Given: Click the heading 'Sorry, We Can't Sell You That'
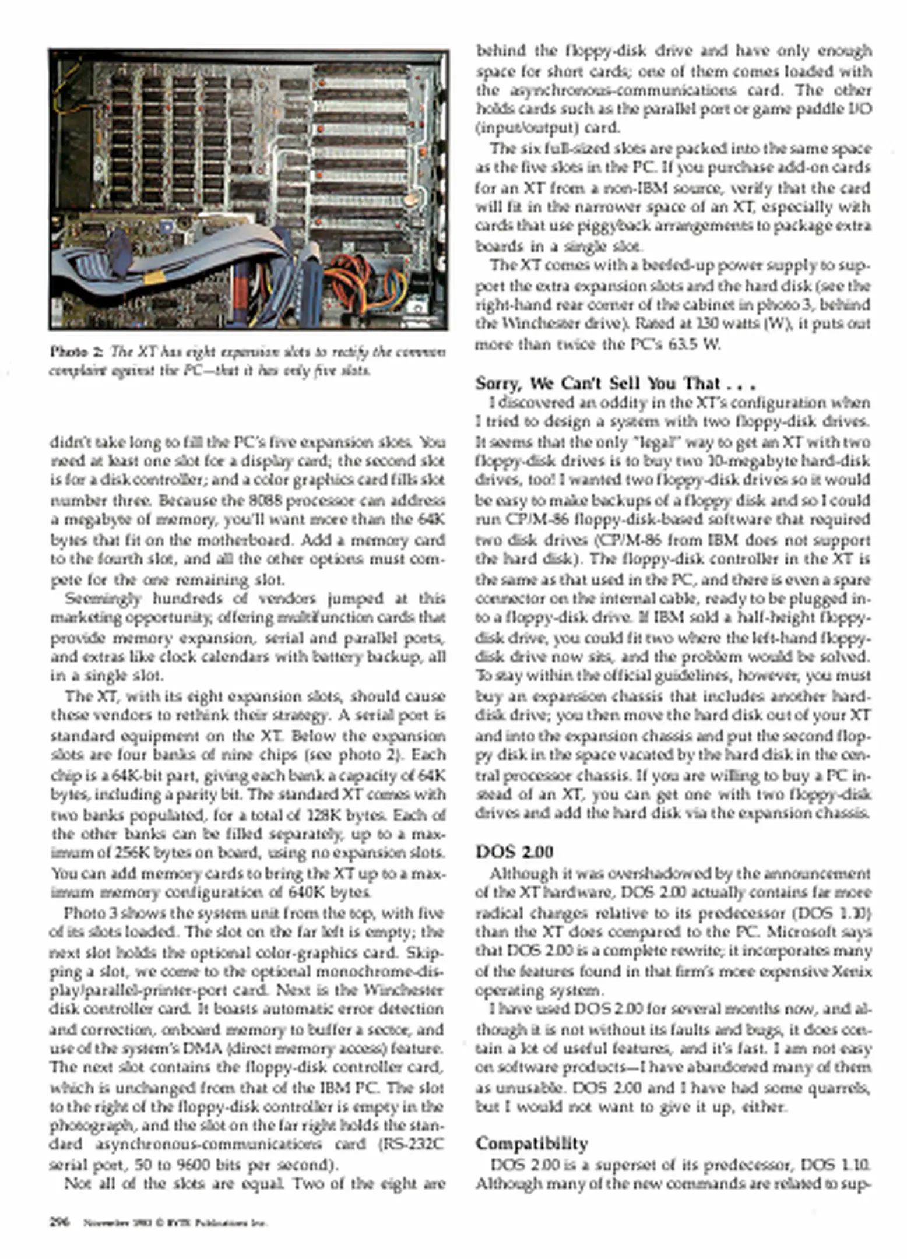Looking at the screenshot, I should (615, 383).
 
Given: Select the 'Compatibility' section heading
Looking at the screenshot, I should (531, 1143).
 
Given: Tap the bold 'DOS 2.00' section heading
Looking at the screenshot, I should (514, 852).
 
